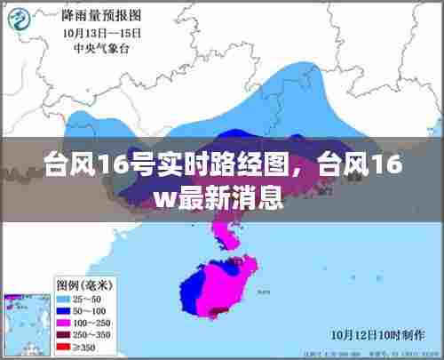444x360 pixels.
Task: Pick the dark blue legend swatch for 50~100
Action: (63, 311)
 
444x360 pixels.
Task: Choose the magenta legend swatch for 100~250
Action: (63, 322)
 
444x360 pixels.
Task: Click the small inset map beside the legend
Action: (26, 322)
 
